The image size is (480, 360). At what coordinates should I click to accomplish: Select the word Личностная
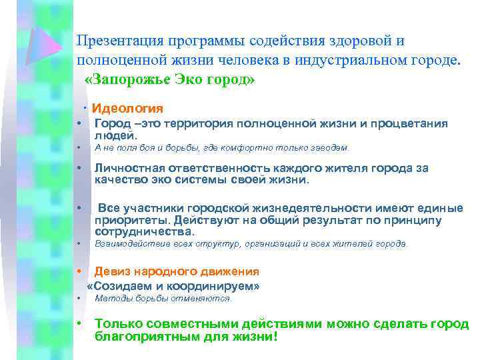(x=128, y=168)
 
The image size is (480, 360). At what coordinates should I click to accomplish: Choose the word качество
(x=118, y=180)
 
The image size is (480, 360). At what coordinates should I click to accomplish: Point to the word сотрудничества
(x=144, y=232)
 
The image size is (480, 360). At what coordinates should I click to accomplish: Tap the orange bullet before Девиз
(x=79, y=271)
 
